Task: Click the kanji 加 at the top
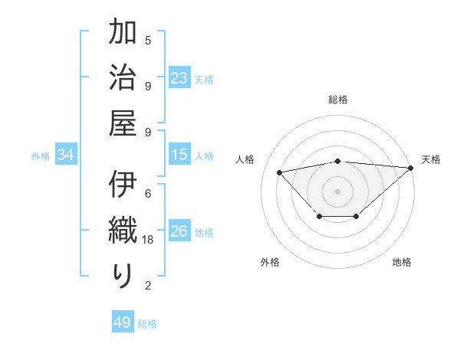point(123,34)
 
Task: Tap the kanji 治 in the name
point(123,78)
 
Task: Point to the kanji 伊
point(123,186)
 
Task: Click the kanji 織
point(123,231)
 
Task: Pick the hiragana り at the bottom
point(123,276)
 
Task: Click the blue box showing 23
point(179,78)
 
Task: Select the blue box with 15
point(179,155)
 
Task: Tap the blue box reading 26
point(179,231)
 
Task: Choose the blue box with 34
point(66,155)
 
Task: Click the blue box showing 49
point(123,322)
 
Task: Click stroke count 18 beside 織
point(149,240)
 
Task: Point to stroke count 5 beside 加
point(148,40)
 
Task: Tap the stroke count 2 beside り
point(148,286)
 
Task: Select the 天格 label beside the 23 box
point(204,79)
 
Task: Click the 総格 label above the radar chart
point(338,100)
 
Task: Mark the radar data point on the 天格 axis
point(411,168)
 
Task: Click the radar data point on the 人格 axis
point(280,172)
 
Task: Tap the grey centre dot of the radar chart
point(338,191)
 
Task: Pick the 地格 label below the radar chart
point(402,262)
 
